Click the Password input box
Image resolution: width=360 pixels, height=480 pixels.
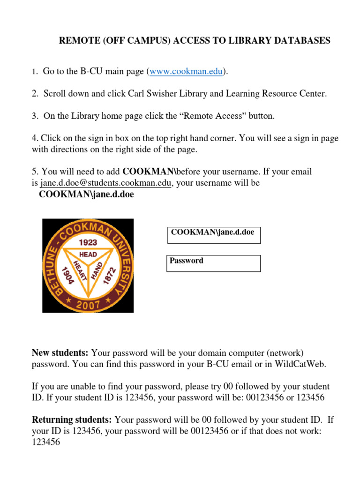[214, 263]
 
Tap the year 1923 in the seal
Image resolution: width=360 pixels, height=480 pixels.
[88, 242]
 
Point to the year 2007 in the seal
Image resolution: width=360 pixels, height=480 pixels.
[88, 305]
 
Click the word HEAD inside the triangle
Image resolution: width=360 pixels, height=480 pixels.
[88, 254]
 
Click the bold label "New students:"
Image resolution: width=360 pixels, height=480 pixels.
[60, 352]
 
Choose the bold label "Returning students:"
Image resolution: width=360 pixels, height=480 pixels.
[72, 419]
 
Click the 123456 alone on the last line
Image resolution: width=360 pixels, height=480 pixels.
[46, 442]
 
